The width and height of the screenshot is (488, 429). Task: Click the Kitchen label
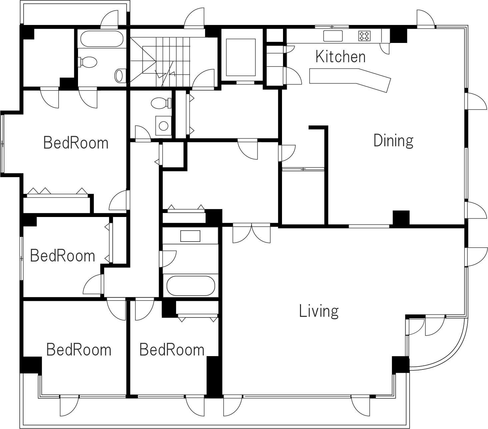pos(340,57)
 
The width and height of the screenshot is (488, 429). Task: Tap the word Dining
pos(393,141)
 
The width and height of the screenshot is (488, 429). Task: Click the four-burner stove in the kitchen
pos(364,36)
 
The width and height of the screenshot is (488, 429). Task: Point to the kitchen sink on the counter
pos(333,36)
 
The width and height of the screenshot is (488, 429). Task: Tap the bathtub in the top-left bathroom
pos(102,39)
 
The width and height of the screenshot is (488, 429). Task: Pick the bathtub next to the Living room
pos(191,286)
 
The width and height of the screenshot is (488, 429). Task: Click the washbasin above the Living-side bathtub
pos(190,236)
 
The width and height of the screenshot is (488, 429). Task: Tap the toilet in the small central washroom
pos(161,103)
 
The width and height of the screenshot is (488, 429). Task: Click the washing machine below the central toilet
pos(163,126)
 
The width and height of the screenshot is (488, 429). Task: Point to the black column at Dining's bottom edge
pos(401,218)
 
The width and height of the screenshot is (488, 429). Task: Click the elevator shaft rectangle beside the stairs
pos(241,58)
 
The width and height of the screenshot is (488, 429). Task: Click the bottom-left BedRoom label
pos(79,350)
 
